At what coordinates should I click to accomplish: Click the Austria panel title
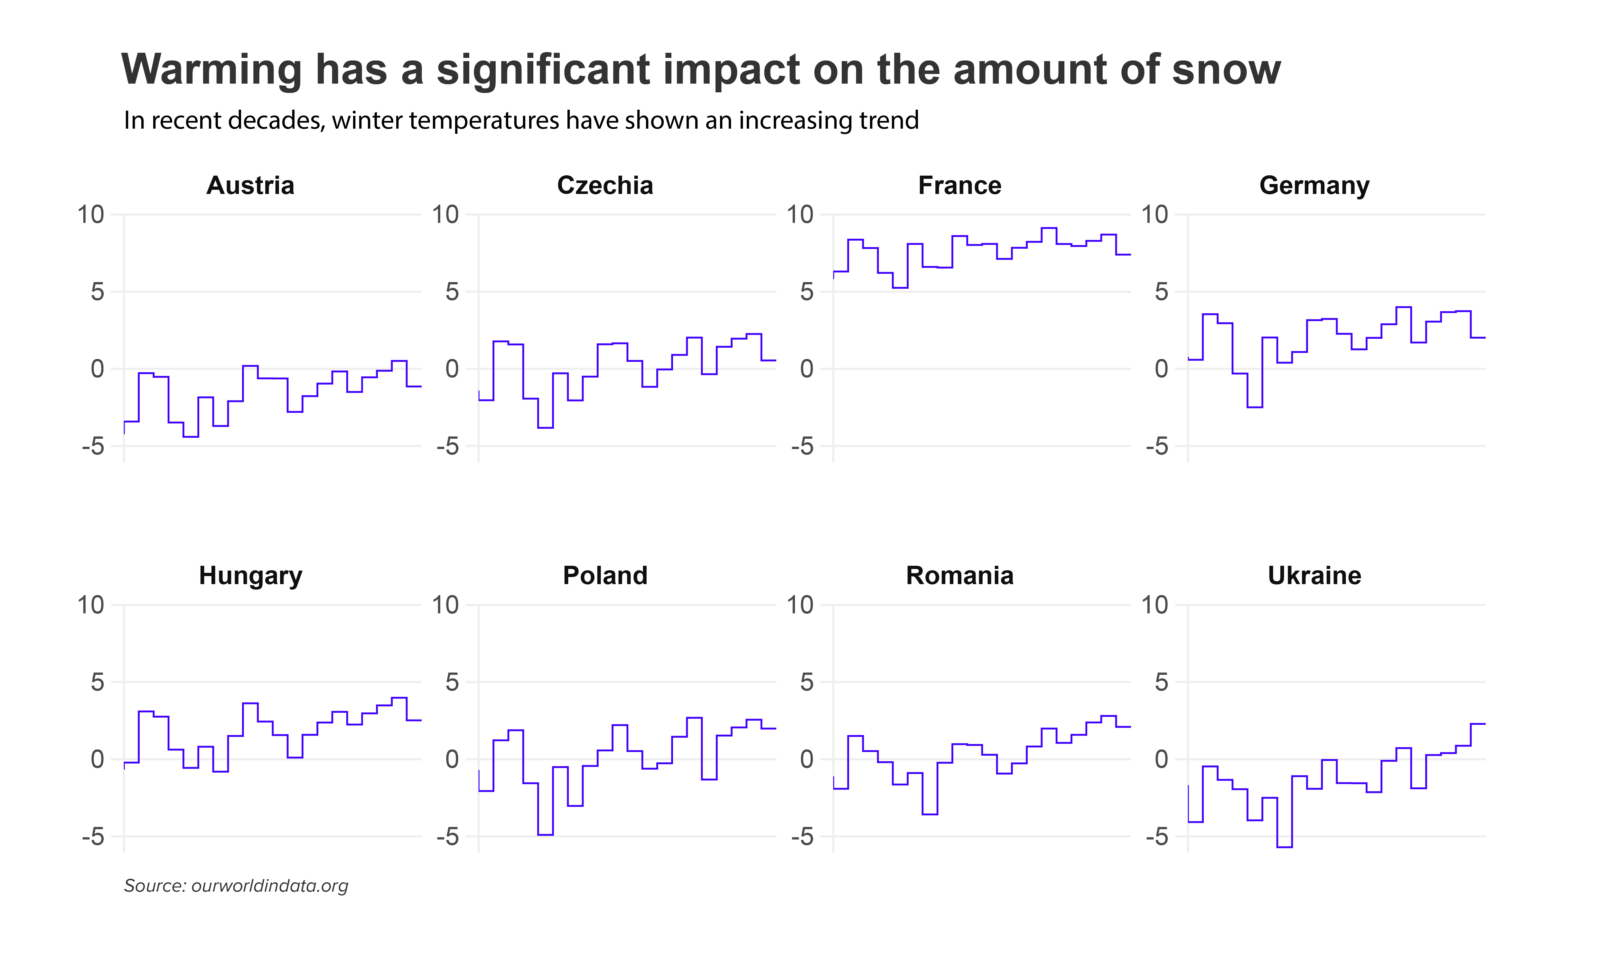point(250,186)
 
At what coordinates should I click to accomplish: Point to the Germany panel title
point(1314,186)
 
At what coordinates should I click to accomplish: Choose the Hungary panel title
point(250,576)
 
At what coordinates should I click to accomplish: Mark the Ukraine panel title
point(1314,576)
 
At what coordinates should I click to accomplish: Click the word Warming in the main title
point(211,69)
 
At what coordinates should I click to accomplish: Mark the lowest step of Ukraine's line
point(1284,847)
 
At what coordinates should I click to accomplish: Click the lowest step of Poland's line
point(546,835)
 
